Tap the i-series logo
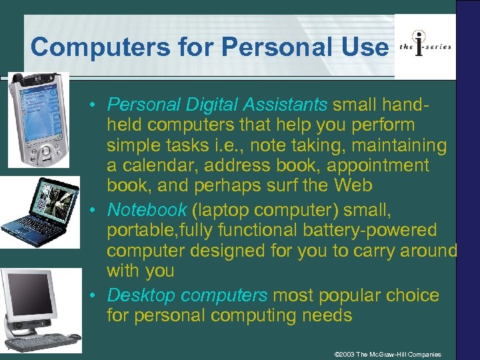point(425,46)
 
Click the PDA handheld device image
point(38,120)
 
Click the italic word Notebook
point(147,210)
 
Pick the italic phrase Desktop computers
point(187,295)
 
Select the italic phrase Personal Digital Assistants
point(217,105)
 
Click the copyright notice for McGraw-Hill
point(387,354)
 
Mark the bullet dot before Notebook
point(97,210)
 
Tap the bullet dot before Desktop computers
point(97,295)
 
